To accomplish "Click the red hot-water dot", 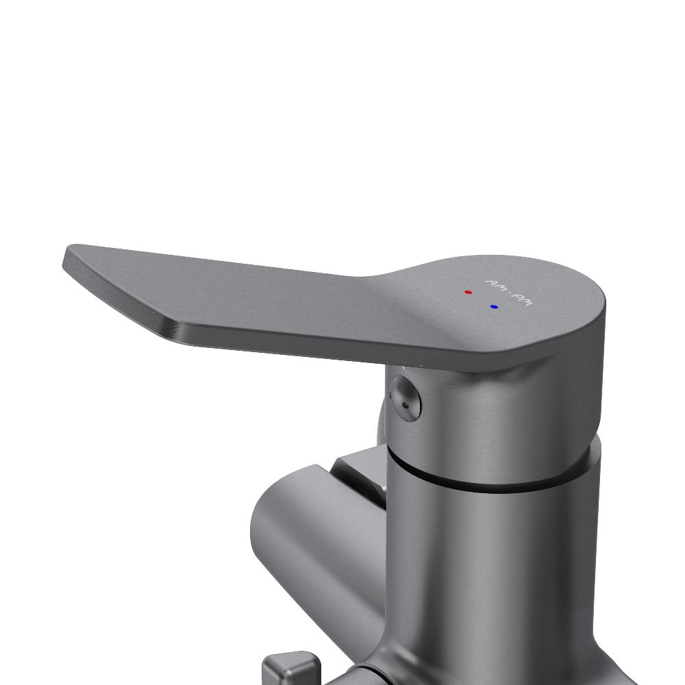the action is (469, 292).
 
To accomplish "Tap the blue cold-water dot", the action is (494, 307).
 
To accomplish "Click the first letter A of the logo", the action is (490, 282).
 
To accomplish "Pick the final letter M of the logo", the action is (527, 301).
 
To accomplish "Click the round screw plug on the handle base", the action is (406, 396).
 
